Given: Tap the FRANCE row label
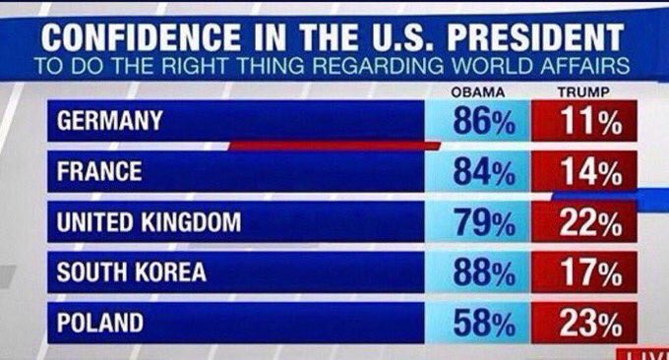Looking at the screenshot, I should click(x=99, y=172).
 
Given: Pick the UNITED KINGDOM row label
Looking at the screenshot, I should click(x=149, y=222).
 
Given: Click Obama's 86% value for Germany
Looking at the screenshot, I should click(x=483, y=122).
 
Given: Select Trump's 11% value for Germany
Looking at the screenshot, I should click(x=587, y=122).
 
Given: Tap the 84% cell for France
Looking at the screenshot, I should click(x=483, y=172).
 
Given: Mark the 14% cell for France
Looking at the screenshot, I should click(x=587, y=172).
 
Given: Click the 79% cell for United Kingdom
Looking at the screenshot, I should click(x=483, y=222).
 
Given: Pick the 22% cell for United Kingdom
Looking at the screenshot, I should click(x=587, y=223).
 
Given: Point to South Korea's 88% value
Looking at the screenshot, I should click(x=483, y=272).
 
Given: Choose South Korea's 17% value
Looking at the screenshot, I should click(x=587, y=272).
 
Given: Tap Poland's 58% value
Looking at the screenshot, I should click(x=483, y=323).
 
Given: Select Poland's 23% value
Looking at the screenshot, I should click(x=587, y=323).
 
